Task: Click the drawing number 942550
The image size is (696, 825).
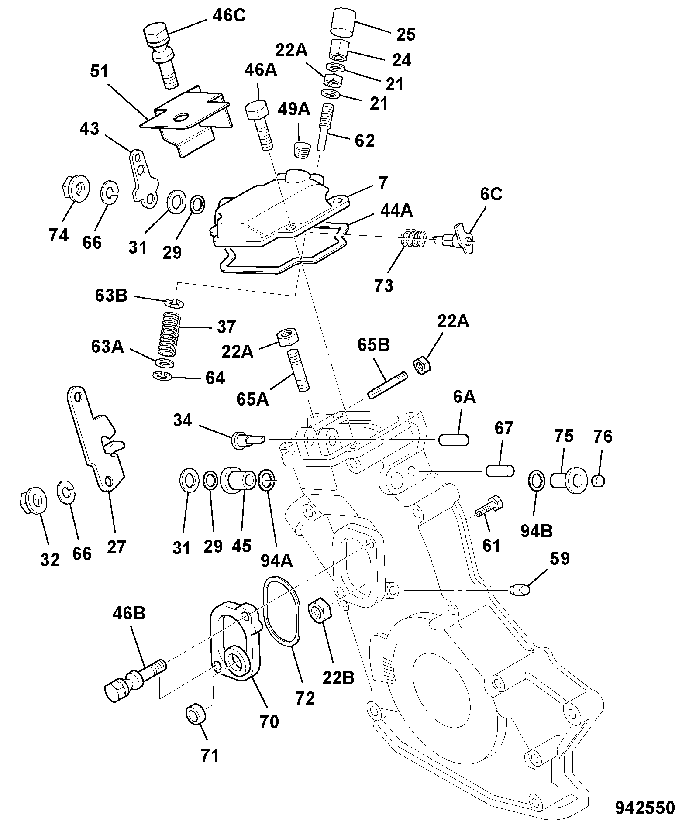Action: tap(645, 807)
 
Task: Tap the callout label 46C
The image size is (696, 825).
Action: tap(229, 16)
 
